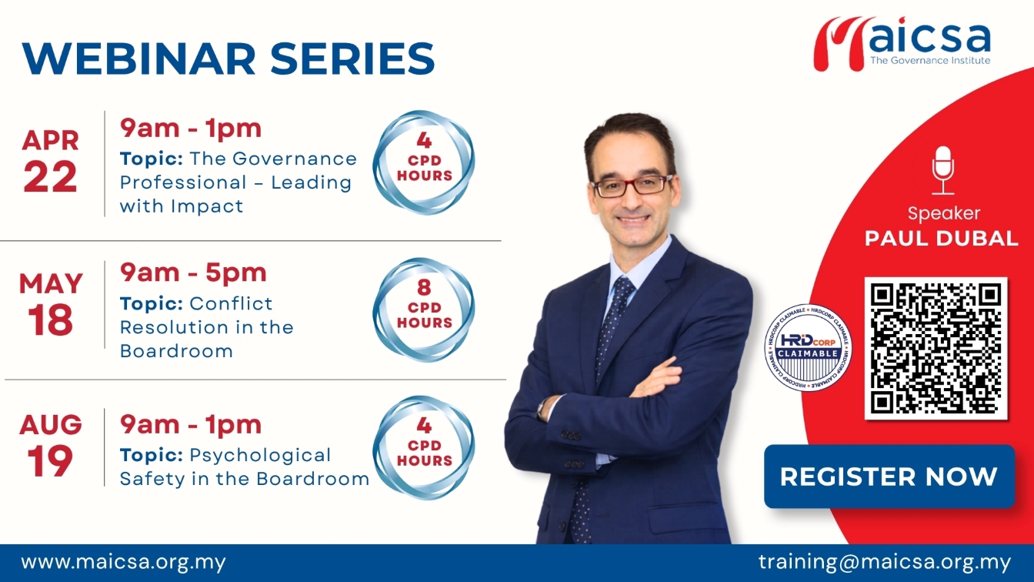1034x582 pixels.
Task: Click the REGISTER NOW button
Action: (x=889, y=477)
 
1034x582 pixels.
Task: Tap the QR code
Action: (x=936, y=348)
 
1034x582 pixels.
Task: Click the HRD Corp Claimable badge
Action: (x=808, y=348)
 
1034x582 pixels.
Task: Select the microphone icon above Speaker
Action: (x=942, y=170)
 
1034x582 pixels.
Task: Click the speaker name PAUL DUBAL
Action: (x=942, y=239)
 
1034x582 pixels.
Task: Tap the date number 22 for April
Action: (x=50, y=176)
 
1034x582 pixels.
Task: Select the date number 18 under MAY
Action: (x=50, y=320)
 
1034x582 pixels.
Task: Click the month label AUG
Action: (x=50, y=424)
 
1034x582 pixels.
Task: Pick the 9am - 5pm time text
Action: (x=193, y=273)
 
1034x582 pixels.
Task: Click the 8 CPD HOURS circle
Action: (x=424, y=309)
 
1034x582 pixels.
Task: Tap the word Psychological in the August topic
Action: (x=260, y=456)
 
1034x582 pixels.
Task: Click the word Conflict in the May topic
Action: (x=231, y=303)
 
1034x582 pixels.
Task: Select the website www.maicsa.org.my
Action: (x=123, y=563)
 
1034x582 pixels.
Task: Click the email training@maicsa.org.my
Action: (x=885, y=562)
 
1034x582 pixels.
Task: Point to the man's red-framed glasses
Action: (x=632, y=186)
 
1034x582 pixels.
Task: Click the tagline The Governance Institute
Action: (x=930, y=61)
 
